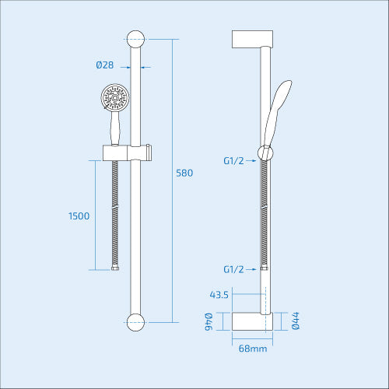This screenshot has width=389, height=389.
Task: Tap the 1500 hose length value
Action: point(79,216)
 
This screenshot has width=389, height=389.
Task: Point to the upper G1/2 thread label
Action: point(234,161)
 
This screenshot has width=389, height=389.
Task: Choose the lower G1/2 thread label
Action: point(234,269)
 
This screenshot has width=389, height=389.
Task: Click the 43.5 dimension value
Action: point(219,294)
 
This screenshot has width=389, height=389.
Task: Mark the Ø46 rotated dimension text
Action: point(209,322)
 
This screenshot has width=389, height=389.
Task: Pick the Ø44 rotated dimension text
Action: point(296,322)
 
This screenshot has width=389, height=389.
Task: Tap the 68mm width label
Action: point(252,349)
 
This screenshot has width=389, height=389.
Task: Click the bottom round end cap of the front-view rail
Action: point(137,321)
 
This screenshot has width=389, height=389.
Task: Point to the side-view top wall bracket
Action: point(252,39)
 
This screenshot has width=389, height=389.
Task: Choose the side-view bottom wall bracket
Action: point(252,321)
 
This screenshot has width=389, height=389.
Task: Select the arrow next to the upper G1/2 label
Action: point(257,161)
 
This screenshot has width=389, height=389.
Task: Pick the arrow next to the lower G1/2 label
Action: point(257,269)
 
